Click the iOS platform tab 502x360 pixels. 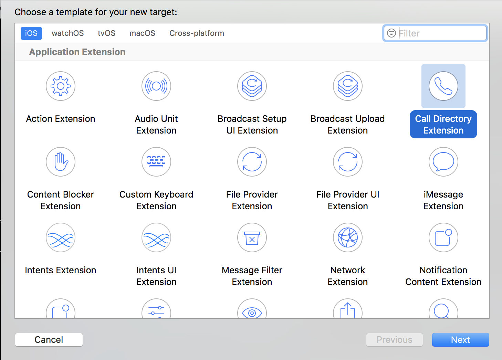click(31, 33)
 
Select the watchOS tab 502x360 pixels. click(68, 33)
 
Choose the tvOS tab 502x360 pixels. click(106, 33)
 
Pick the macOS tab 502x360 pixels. click(142, 33)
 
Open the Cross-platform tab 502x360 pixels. click(197, 33)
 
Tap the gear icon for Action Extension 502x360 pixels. click(61, 86)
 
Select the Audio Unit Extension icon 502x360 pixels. click(156, 86)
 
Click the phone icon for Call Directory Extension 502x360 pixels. click(443, 86)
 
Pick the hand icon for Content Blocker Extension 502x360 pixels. click(61, 162)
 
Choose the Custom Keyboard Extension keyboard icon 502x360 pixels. click(156, 162)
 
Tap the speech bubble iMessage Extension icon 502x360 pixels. click(443, 162)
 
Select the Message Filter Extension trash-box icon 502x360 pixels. click(252, 237)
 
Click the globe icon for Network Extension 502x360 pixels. click(348, 237)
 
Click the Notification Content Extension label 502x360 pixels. click(443, 276)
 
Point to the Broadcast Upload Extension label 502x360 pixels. click(348, 125)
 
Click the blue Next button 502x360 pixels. click(461, 340)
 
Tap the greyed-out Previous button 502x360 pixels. click(395, 340)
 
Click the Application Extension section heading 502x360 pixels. click(77, 52)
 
